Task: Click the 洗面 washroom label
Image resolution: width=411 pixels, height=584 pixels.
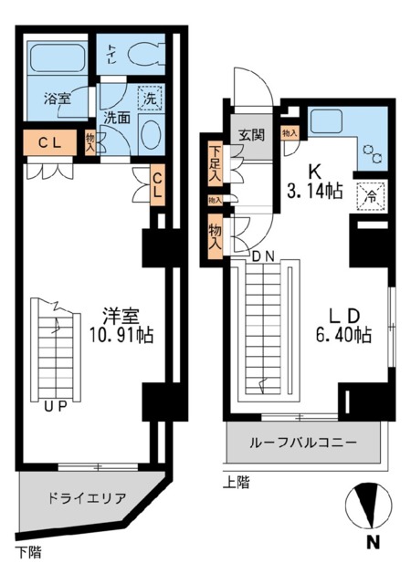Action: [x=115, y=117]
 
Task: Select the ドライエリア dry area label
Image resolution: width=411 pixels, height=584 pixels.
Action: [x=87, y=498]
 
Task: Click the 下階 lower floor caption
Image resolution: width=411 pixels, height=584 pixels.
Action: [x=27, y=551]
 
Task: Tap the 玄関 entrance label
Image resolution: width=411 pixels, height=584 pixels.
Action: [x=251, y=136]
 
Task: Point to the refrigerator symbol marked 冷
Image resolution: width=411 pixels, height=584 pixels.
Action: [x=372, y=193]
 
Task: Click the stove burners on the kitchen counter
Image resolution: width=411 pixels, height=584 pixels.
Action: [x=374, y=153]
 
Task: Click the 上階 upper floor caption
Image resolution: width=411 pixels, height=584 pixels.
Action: [x=236, y=481]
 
